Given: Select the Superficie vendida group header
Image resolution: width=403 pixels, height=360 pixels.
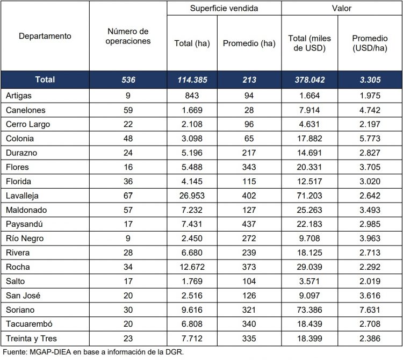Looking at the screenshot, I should pos(224,8).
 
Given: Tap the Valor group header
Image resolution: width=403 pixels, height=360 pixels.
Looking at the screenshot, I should pos(341,8).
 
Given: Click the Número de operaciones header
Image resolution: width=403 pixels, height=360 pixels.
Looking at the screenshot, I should pos(128,36).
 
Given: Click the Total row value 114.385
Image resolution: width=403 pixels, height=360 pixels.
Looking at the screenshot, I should pos(192,80).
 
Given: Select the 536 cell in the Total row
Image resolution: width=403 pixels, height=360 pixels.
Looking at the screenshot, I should pos(128,80).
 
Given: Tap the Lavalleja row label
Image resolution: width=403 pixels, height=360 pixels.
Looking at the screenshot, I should pos(23,195).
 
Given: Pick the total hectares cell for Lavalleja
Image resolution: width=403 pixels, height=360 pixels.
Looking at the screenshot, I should pos(192,195).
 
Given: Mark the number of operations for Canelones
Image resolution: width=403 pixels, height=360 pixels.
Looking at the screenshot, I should pos(128,110).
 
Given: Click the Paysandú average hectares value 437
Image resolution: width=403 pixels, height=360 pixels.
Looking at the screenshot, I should pos(249,224).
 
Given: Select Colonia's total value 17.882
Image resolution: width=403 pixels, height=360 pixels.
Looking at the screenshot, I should pos(310,138).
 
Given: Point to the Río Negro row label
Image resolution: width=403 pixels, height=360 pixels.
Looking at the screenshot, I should pos(25,238).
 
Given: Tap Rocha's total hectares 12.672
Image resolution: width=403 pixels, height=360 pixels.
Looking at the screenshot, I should pos(192,267).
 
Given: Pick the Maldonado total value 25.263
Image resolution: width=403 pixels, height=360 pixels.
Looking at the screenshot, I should pos(310,210).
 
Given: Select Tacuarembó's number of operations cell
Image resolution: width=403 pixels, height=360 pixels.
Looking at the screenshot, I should pos(128,325).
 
